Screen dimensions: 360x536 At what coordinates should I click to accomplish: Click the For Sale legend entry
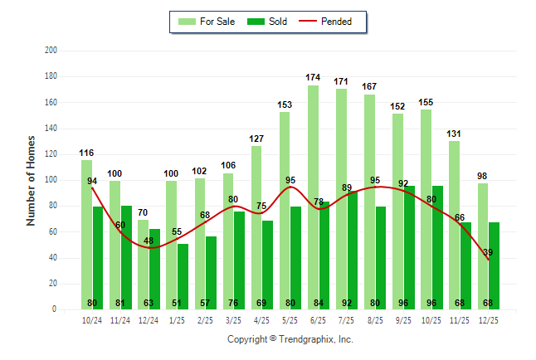[x=207, y=22]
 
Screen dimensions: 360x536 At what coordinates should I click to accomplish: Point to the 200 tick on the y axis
[x=51, y=51]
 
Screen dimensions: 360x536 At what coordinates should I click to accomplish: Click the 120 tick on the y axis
[x=51, y=154]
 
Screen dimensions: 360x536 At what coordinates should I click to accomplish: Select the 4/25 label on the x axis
[x=262, y=319]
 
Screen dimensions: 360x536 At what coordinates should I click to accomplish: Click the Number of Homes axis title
[x=32, y=181]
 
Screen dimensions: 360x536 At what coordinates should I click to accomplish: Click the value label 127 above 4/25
[x=256, y=139]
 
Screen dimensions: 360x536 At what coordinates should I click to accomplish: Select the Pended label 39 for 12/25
[x=488, y=252]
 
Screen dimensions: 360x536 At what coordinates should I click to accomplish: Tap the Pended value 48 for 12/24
[x=149, y=241]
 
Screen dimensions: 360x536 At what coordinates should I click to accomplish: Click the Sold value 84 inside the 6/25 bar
[x=324, y=303]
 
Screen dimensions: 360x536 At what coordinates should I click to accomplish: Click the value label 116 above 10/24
[x=86, y=153]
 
